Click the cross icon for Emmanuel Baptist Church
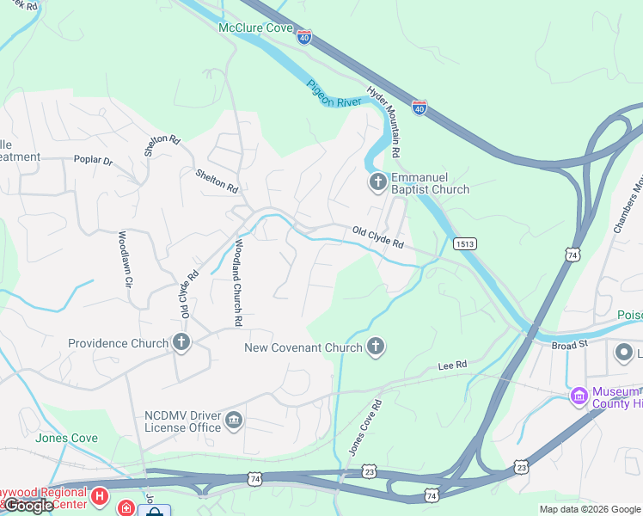(x=377, y=182)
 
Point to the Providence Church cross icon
(x=181, y=343)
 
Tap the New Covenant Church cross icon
(x=375, y=347)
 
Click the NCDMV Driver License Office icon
(x=233, y=421)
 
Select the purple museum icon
(x=579, y=396)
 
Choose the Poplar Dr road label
(x=94, y=160)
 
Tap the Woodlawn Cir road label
(x=124, y=259)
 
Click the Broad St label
(x=569, y=344)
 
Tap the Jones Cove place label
(x=66, y=438)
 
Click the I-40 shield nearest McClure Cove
(x=304, y=37)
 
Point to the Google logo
(x=28, y=507)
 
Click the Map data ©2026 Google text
(x=590, y=509)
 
